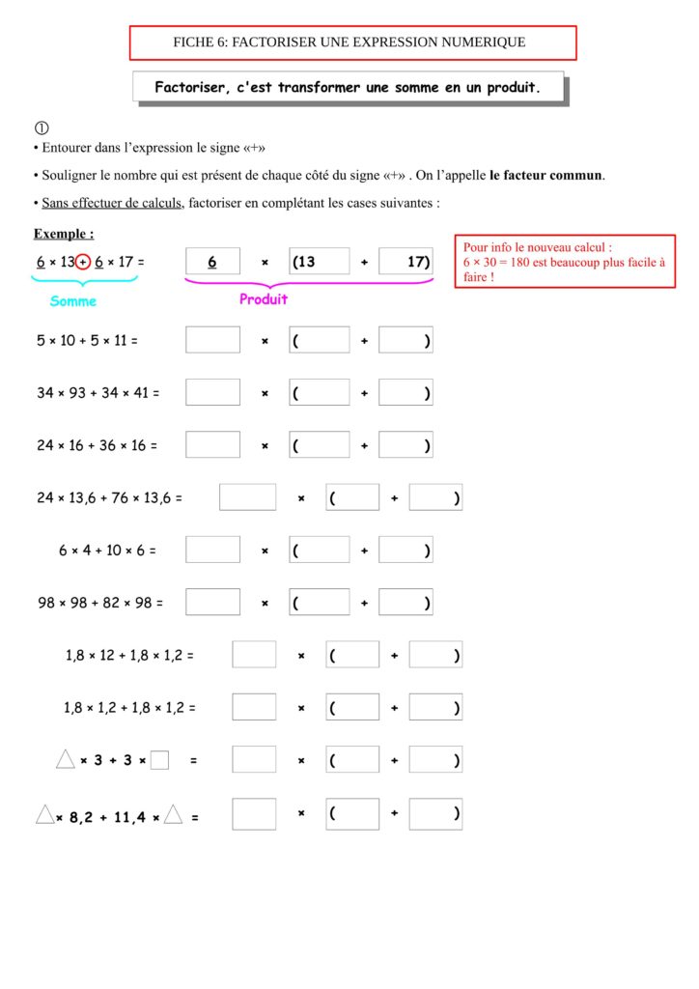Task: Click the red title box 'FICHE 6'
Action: (352, 42)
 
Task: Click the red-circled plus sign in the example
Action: (83, 262)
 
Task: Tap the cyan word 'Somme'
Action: (73, 301)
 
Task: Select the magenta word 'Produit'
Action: (264, 299)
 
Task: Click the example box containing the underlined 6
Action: (212, 262)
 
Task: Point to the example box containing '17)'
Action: (405, 262)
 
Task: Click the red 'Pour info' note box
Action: (565, 262)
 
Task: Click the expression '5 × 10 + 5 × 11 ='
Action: (88, 340)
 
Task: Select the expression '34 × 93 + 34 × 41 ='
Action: (98, 393)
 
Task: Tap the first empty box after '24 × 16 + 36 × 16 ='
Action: (212, 445)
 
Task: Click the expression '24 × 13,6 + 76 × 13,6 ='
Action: (109, 498)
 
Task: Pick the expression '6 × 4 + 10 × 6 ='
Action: (107, 551)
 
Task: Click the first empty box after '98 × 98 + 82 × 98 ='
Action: (212, 603)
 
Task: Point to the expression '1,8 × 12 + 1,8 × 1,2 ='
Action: (129, 655)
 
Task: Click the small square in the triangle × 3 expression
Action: (160, 760)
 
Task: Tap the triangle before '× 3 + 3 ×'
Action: (66, 759)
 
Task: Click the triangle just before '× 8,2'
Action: (44, 815)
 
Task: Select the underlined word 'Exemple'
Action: (64, 234)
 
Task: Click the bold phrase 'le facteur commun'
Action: (546, 175)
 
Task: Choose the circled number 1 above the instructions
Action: (41, 127)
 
